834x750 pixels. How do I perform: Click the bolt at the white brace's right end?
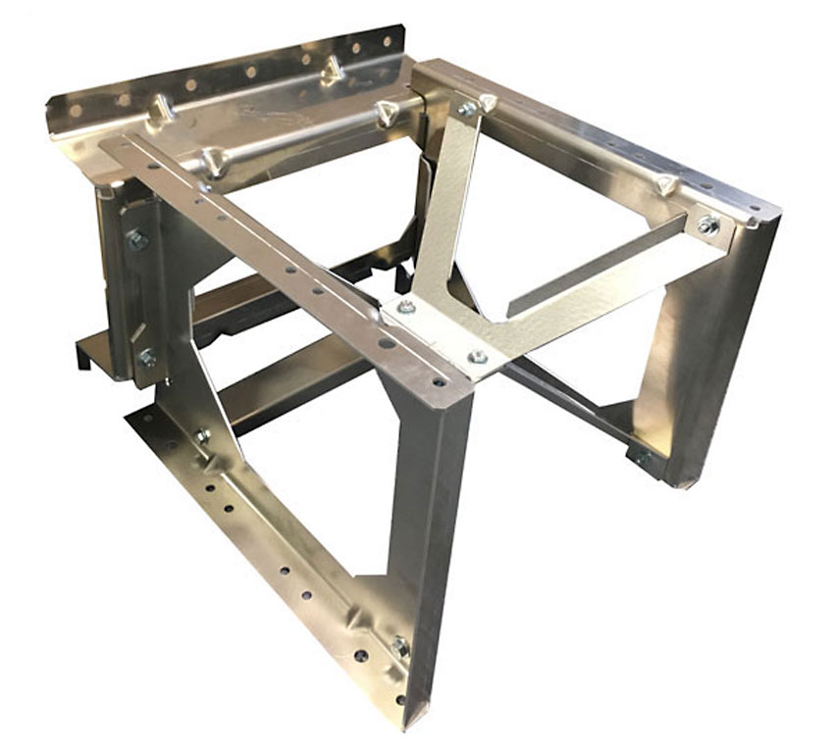point(707,225)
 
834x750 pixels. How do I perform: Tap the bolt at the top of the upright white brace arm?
point(468,109)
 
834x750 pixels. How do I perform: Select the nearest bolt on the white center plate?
point(477,357)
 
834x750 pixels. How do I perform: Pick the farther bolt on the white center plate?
point(406,308)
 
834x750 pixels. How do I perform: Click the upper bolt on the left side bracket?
point(137,239)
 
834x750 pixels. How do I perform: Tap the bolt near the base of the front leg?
point(399,646)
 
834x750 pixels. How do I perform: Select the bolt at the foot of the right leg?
point(643,457)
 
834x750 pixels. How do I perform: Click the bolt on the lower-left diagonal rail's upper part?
point(203,434)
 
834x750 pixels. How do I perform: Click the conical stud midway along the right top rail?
point(666,183)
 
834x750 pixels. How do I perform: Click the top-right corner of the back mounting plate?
point(402,29)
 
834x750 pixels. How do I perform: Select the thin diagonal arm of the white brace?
point(599,265)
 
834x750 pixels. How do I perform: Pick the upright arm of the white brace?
point(446,206)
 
